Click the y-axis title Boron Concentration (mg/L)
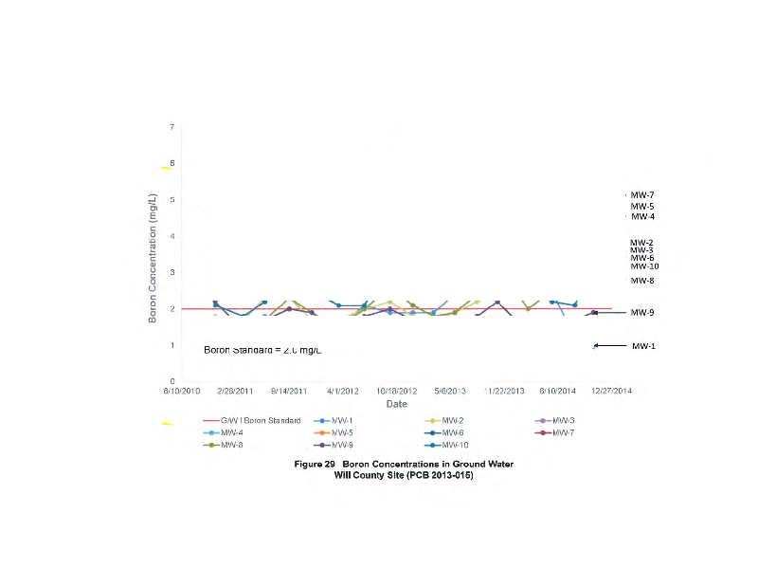point(152,254)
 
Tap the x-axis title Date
point(396,403)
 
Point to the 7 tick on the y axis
point(171,127)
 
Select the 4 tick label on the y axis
point(171,236)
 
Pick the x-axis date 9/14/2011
point(289,390)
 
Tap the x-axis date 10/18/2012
point(396,390)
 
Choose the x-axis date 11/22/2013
point(504,390)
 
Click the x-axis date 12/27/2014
point(612,390)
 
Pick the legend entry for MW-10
point(454,445)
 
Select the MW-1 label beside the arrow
point(643,346)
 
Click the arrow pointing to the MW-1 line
point(610,346)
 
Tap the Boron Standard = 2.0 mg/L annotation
point(263,350)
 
